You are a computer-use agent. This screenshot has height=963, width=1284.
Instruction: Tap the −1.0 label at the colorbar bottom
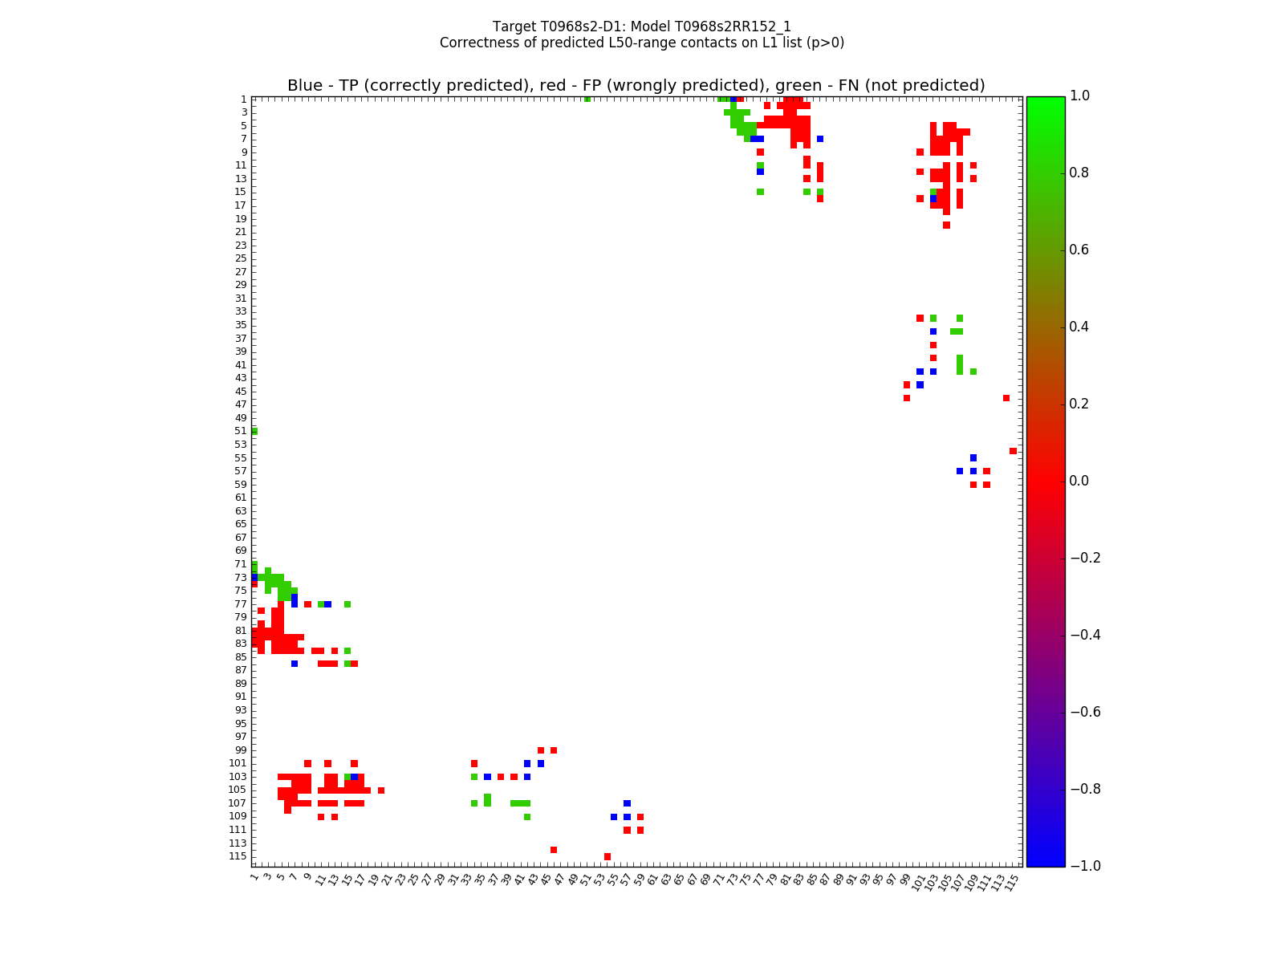(x=1083, y=866)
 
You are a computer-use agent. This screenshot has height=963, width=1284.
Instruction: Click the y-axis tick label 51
(x=241, y=432)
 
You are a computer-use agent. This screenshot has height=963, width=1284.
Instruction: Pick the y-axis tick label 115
(x=238, y=857)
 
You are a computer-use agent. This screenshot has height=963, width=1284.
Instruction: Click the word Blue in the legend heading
(x=305, y=86)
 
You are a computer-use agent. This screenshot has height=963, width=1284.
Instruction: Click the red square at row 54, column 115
(x=1013, y=451)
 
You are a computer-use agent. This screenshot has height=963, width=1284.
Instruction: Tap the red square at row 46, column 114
(x=1006, y=398)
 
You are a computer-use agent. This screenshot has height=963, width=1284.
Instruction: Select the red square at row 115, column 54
(x=607, y=857)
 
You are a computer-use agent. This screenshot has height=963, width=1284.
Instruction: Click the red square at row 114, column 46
(x=554, y=850)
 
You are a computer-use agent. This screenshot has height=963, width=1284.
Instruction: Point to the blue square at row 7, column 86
(x=820, y=139)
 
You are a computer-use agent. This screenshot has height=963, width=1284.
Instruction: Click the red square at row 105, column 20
(x=381, y=790)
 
